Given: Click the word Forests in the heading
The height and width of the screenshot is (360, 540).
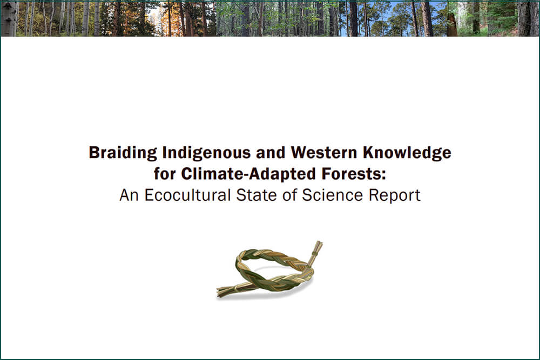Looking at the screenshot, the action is (352, 174).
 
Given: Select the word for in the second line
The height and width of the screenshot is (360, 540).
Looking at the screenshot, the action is (165, 174).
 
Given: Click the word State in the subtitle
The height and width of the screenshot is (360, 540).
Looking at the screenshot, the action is (256, 195).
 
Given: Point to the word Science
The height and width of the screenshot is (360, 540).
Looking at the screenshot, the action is (332, 195).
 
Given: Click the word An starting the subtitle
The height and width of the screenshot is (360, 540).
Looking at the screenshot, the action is (129, 195).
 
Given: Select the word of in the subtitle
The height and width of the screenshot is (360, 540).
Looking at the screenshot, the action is (289, 195).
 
